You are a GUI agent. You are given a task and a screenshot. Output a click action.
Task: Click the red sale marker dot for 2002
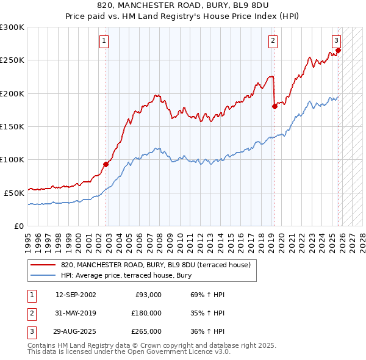(x=106, y=164)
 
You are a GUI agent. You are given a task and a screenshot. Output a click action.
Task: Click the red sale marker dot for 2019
(x=274, y=106)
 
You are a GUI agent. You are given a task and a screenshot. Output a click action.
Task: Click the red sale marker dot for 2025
(x=338, y=50)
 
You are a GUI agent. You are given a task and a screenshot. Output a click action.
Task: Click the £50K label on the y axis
(x=14, y=193)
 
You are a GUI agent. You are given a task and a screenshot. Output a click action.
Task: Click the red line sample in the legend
(x=43, y=265)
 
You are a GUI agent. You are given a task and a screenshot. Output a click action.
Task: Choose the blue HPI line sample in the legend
(x=43, y=275)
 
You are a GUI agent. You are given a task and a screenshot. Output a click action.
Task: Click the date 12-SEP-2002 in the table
(x=75, y=295)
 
